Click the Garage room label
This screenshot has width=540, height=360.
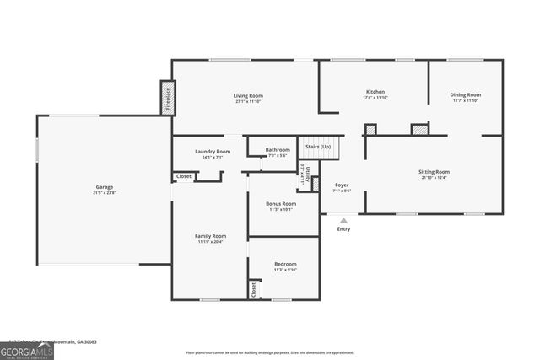pyautogui.click(x=104, y=187)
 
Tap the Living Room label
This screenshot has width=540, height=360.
pyautogui.click(x=249, y=96)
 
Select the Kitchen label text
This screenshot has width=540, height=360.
pyautogui.click(x=375, y=91)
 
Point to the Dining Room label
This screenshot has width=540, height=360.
pyautogui.click(x=465, y=95)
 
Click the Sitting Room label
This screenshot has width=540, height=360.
pyautogui.click(x=434, y=172)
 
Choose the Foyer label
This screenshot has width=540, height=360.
pyautogui.click(x=342, y=185)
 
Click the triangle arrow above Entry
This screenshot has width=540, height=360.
pyautogui.click(x=343, y=219)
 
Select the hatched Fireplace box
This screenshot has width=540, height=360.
pyautogui.click(x=166, y=97)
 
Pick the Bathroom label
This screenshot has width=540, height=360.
pyautogui.click(x=278, y=150)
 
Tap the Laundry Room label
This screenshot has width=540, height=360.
pyautogui.click(x=212, y=152)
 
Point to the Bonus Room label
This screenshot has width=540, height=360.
pyautogui.click(x=281, y=203)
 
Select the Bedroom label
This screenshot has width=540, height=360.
pyautogui.click(x=285, y=264)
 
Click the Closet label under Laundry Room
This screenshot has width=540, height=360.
pyautogui.click(x=183, y=176)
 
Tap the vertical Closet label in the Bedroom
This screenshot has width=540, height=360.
pyautogui.click(x=253, y=289)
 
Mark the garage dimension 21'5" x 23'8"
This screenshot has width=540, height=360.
pyautogui.click(x=104, y=193)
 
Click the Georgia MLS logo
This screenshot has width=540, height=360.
pyautogui.click(x=27, y=352)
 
